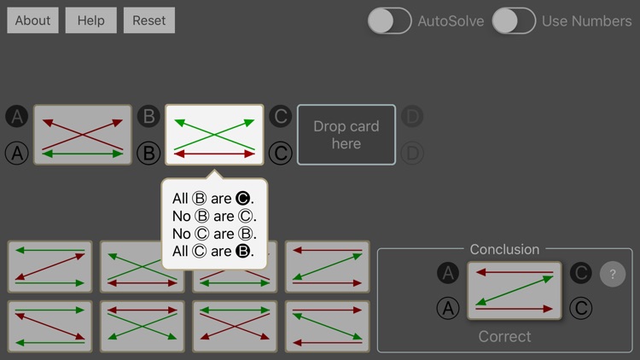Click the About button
pyautogui.click(x=32, y=20)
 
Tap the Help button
pyautogui.click(x=90, y=20)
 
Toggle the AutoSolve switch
pyautogui.click(x=390, y=20)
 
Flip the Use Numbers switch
pyautogui.click(x=514, y=20)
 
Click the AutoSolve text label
pyautogui.click(x=451, y=20)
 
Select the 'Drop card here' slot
pyautogui.click(x=346, y=135)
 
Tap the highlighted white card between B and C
pyautogui.click(x=214, y=135)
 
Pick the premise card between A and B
pyautogui.click(x=83, y=135)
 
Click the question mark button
pyautogui.click(x=612, y=274)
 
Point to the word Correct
pyautogui.click(x=504, y=336)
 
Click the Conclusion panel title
pyautogui.click(x=504, y=249)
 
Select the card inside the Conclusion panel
pyautogui.click(x=515, y=291)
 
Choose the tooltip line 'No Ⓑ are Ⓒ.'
pyautogui.click(x=214, y=216)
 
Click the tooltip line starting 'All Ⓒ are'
pyautogui.click(x=213, y=251)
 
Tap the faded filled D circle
pyautogui.click(x=412, y=116)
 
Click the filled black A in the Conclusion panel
pyautogui.click(x=448, y=273)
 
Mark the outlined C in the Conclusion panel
pyautogui.click(x=580, y=308)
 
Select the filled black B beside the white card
pyautogui.click(x=148, y=116)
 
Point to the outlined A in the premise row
pyautogui.click(x=17, y=154)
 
